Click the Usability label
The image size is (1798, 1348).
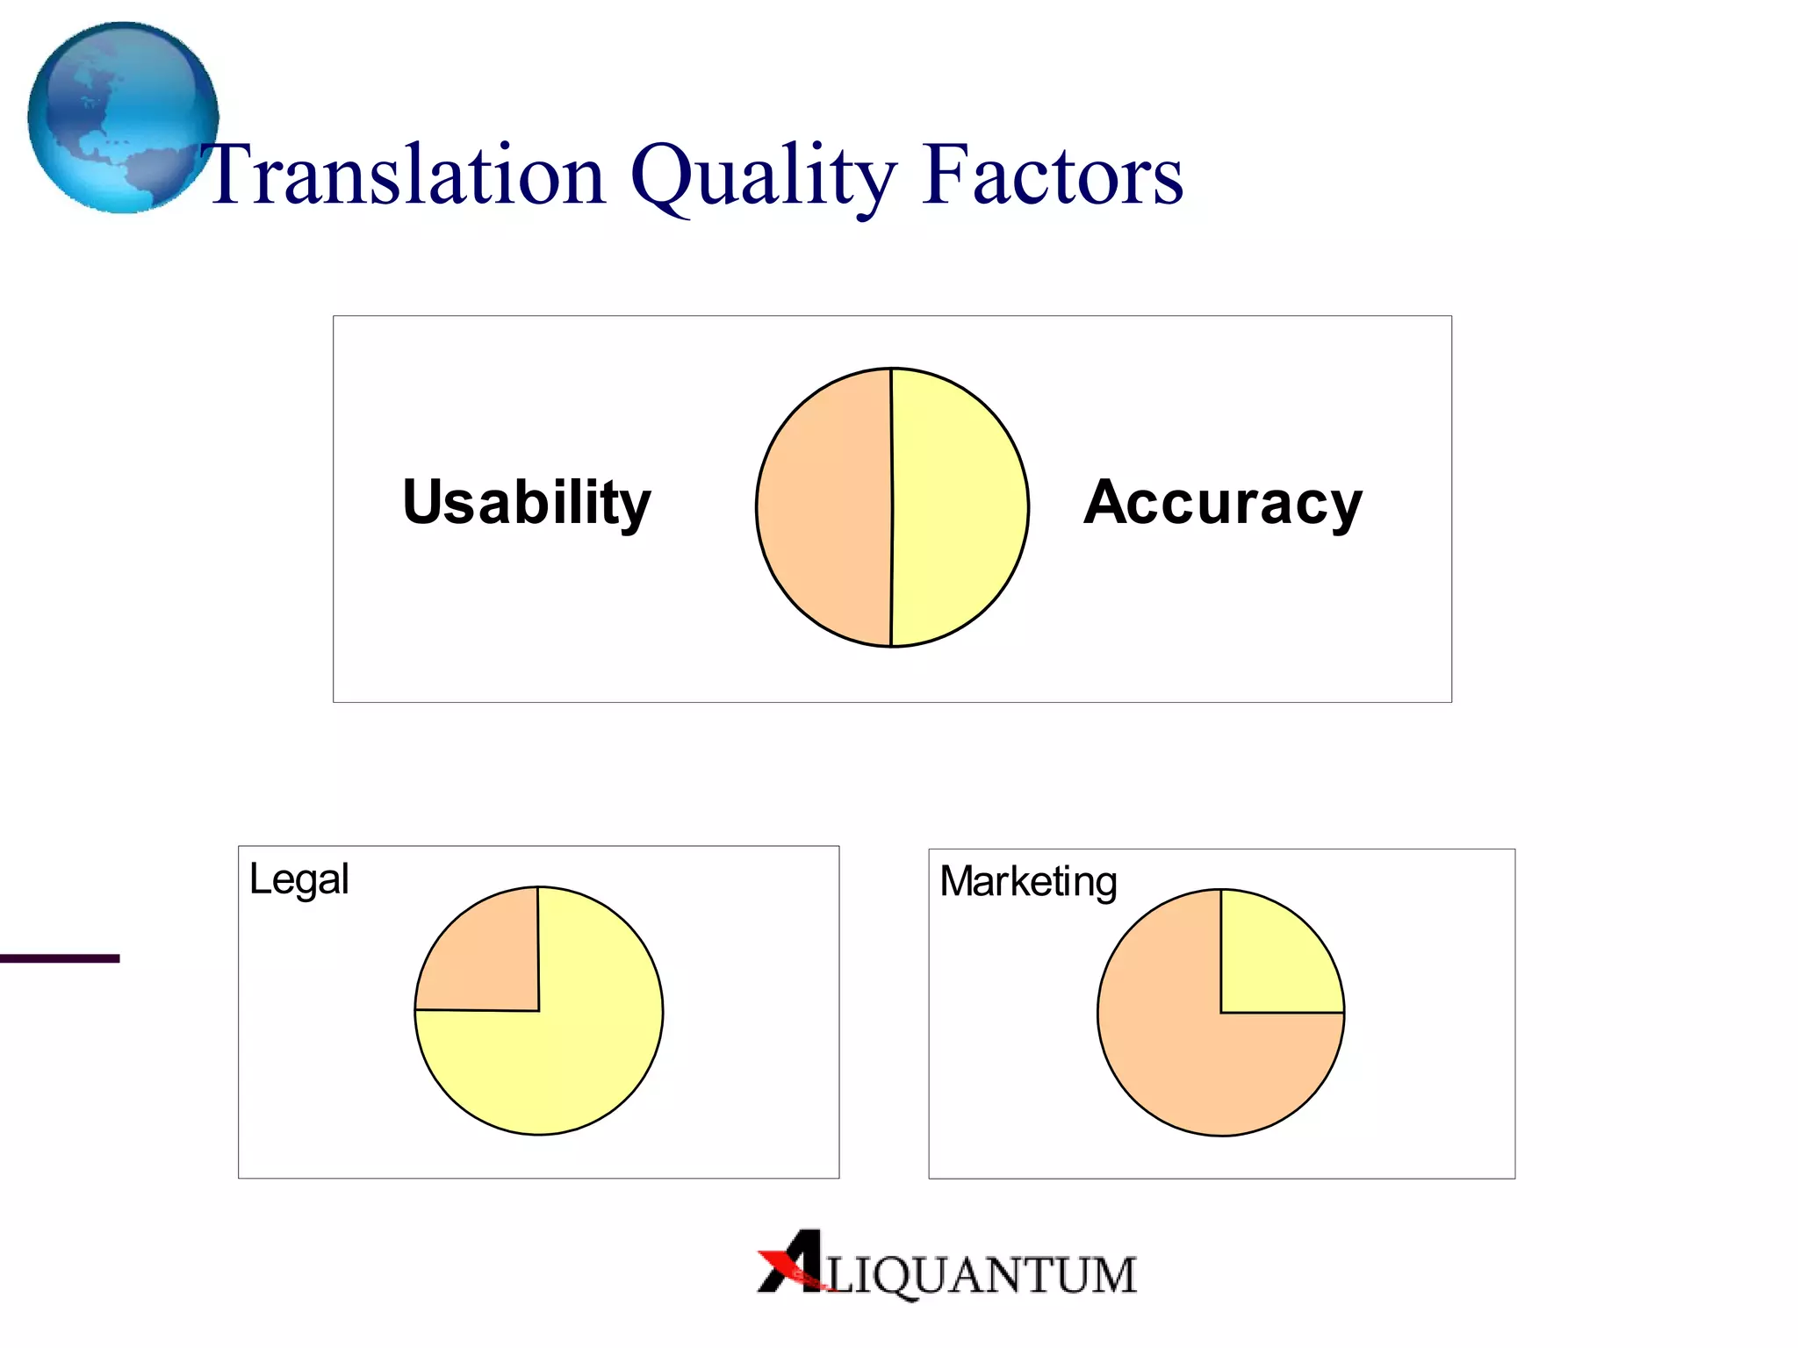(527, 503)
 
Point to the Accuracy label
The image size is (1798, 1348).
(1222, 503)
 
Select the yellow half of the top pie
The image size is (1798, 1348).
(960, 507)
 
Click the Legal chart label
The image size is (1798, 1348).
(298, 879)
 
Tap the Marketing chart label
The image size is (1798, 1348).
(1028, 882)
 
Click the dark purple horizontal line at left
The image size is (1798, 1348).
(60, 958)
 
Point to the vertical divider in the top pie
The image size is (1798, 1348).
(892, 507)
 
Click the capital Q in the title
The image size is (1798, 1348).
(664, 176)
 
